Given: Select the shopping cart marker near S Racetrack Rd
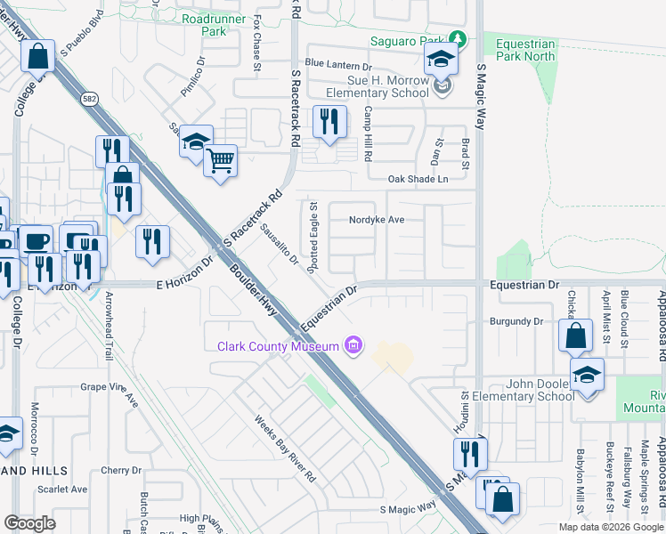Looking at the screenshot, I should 220,161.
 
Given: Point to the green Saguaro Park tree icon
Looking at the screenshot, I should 457,38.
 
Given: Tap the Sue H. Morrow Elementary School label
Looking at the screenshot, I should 378,86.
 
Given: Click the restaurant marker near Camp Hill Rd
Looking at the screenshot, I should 329,122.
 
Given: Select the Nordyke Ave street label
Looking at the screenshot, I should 377,219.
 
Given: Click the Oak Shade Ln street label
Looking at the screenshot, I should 417,179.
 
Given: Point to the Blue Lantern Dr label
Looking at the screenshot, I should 337,65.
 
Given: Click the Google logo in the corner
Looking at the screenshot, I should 30,523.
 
